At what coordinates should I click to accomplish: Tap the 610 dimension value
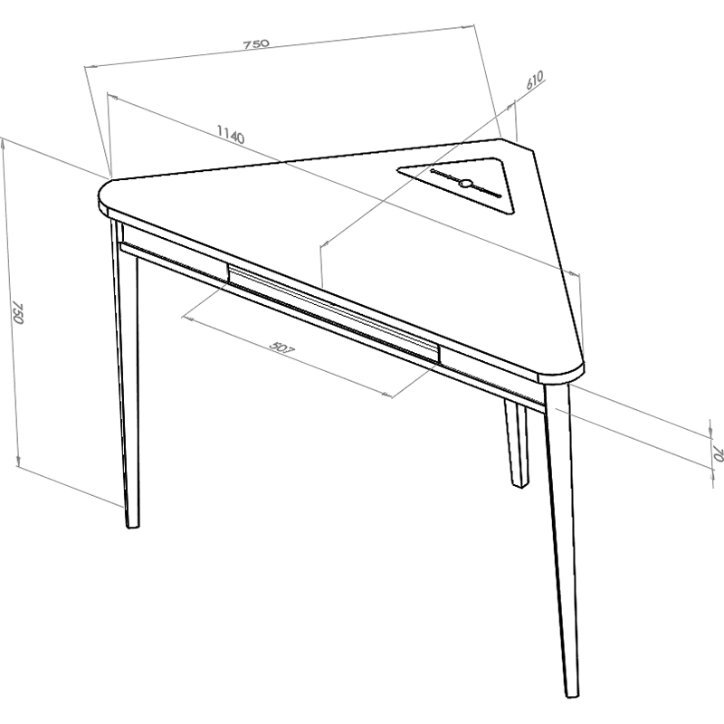pos(534,81)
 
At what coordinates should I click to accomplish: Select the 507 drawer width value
pos(282,348)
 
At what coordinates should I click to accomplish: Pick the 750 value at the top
pos(256,43)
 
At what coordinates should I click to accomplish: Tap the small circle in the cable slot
pos(465,184)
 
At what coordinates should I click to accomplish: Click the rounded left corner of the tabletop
pos(104,195)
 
